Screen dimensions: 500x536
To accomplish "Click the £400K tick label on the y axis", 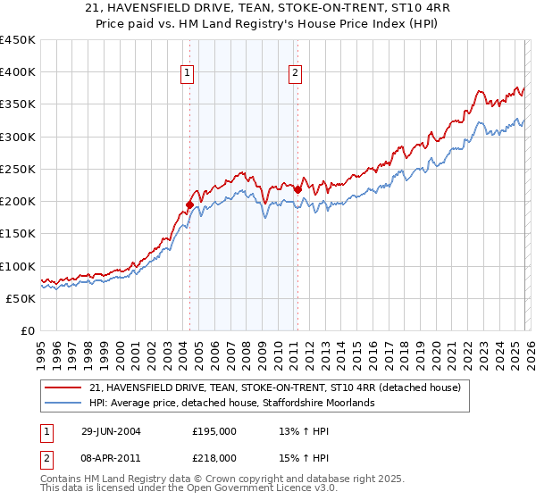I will point(17,72).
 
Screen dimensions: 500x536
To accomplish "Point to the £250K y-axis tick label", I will point(17,169).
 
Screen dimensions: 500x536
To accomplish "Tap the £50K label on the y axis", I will point(21,298).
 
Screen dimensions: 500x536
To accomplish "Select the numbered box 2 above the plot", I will point(296,73).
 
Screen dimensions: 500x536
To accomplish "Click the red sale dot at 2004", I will point(189,204).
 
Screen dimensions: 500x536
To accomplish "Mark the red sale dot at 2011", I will point(297,189).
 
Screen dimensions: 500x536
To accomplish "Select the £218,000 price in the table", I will point(214,457).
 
